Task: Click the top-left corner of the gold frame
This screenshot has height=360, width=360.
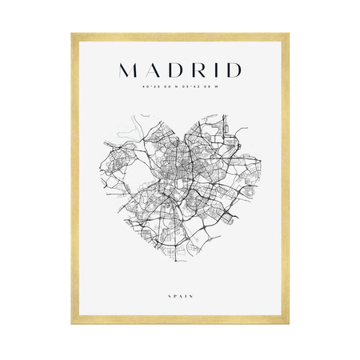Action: [73, 34]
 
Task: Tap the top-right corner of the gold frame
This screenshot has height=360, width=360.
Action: [288, 34]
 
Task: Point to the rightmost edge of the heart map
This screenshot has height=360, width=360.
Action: [265, 164]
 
